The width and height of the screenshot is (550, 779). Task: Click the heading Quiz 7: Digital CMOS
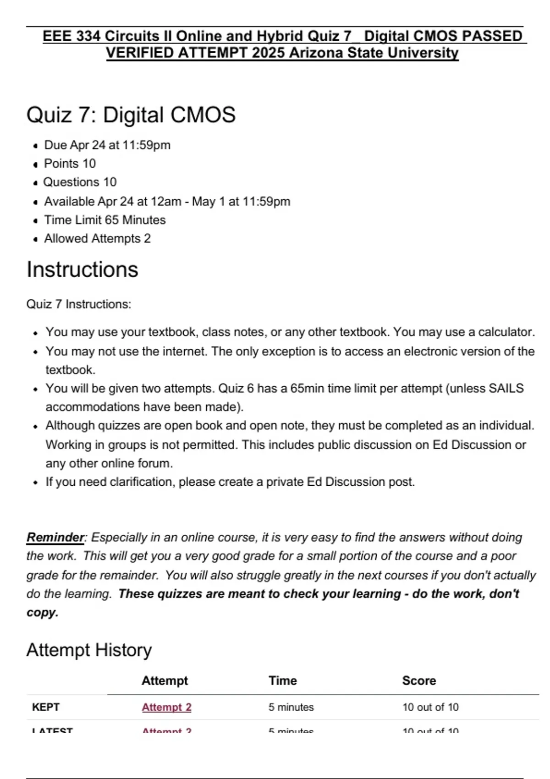131,115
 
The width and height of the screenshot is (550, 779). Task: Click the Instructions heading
82,269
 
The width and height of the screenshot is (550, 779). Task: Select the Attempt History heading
89,650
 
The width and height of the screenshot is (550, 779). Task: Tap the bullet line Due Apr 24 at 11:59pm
107,145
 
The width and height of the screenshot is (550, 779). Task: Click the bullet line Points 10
70,164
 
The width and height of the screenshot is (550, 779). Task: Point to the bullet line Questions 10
80,182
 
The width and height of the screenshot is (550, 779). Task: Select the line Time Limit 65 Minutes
104,220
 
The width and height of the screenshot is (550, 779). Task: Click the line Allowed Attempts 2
97,239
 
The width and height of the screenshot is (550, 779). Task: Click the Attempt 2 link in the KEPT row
166,707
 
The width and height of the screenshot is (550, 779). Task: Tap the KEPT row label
46,707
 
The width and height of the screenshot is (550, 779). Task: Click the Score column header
419,680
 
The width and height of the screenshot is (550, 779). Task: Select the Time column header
282,680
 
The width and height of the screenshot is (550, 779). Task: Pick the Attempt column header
165,680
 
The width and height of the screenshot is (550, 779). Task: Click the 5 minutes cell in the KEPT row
291,707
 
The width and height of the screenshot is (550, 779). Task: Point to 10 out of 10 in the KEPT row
430,707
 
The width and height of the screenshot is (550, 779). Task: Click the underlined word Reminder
55,537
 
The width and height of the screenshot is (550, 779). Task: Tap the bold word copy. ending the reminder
43,613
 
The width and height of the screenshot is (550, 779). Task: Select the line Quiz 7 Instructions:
79,304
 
